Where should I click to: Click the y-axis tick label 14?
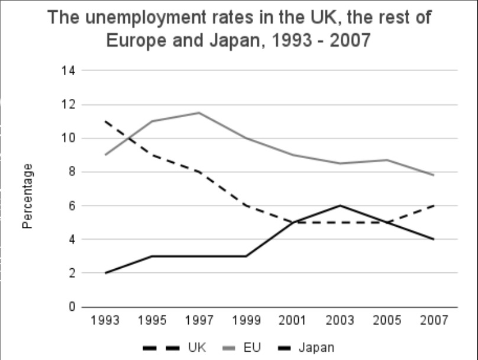click(68, 71)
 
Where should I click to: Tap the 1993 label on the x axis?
click(106, 321)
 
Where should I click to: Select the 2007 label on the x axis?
click(434, 321)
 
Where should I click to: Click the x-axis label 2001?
click(293, 321)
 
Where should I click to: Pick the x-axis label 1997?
click(200, 321)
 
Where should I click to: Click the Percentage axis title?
click(28, 196)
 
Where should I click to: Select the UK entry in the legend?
click(196, 348)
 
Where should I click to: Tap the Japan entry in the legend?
click(316, 348)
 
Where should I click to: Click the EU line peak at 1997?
click(199, 112)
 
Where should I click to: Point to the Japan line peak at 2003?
click(340, 205)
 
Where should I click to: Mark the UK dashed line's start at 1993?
click(106, 121)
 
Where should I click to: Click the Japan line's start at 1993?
click(106, 273)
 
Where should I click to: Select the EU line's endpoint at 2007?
click(434, 175)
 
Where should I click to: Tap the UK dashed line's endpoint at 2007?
click(434, 205)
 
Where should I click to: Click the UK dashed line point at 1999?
click(246, 205)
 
